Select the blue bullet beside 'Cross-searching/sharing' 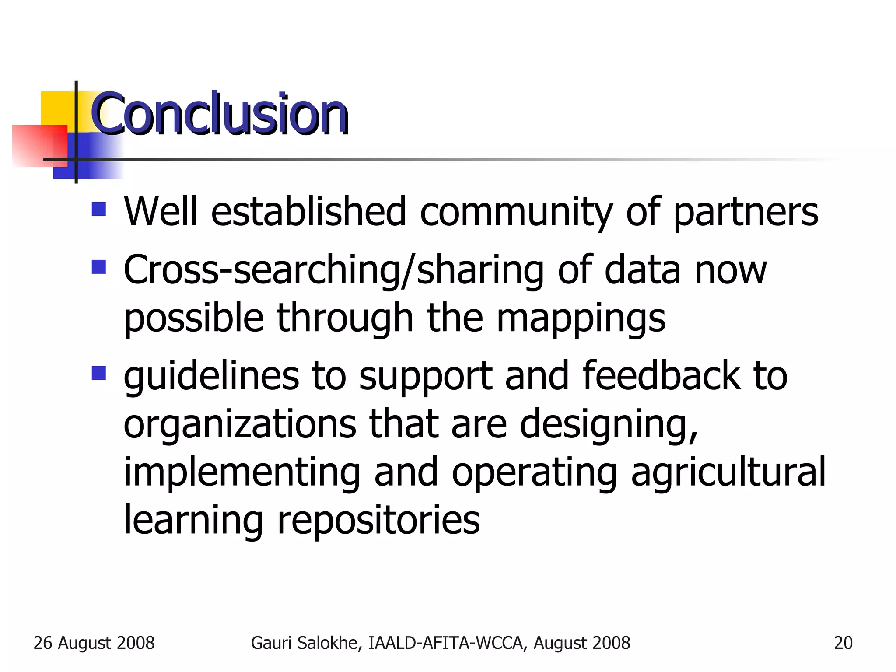pos(99,267)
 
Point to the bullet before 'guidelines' pos(99,373)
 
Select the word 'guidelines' pos(211,376)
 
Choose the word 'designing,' pos(608,425)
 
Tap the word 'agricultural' pos(728,472)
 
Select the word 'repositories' pos(378,521)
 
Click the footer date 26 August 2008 pos(94,643)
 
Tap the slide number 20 pos(843,643)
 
